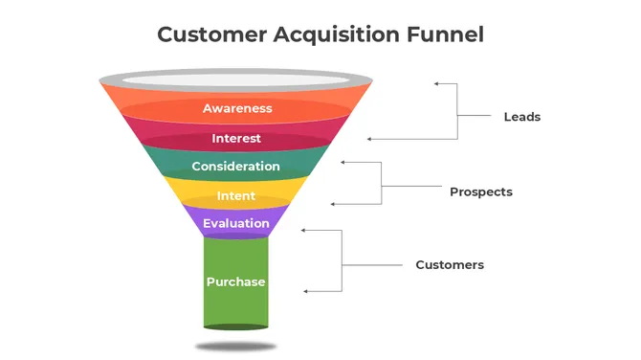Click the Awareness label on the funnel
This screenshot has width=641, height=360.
237,108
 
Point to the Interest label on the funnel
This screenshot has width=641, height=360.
236,138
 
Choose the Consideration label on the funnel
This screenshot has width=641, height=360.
235,167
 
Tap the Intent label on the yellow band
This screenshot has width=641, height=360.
235,196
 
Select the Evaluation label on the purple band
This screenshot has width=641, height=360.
235,224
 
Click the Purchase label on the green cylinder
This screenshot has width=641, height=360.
235,281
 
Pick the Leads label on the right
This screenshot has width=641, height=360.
522,117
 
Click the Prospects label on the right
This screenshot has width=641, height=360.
481,191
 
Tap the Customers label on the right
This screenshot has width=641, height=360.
450,264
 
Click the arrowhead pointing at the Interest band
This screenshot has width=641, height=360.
370,140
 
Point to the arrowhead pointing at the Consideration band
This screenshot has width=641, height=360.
344,163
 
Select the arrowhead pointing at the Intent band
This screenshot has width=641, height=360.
332,203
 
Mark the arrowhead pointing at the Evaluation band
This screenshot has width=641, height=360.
304,231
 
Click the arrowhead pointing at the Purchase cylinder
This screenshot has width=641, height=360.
306,291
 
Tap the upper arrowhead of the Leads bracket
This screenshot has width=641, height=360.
437,84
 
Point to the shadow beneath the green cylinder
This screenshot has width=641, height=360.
236,346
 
